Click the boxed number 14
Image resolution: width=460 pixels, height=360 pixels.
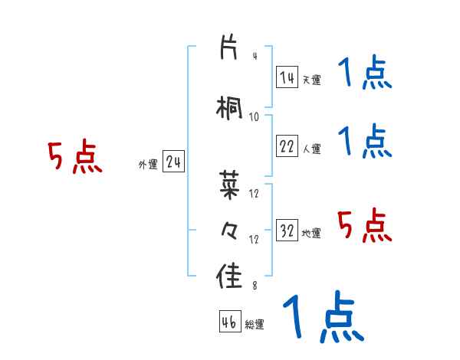tap(287, 77)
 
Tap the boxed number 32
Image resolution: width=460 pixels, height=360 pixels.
tap(287, 231)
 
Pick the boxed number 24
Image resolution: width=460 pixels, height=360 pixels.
tap(173, 162)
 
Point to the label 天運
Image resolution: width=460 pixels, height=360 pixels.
tap(311, 79)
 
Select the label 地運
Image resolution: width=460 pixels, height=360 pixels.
tap(311, 233)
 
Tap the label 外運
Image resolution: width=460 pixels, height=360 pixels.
tap(148, 164)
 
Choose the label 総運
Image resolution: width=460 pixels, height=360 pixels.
tap(255, 324)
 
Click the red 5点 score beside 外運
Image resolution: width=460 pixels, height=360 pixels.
tap(74, 158)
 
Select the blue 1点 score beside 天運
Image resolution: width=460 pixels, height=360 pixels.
tap(364, 74)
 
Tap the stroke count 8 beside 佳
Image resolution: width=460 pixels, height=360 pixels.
tap(254, 286)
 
